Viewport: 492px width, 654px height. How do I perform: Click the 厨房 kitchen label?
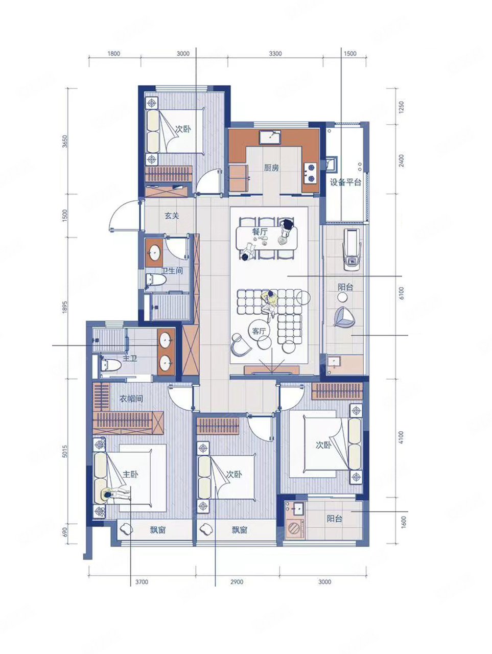(271, 168)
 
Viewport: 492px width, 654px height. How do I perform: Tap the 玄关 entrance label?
(172, 216)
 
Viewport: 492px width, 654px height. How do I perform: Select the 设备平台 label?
(345, 182)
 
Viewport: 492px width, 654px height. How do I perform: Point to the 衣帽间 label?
(131, 399)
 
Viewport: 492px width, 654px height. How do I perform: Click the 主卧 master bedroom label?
(130, 474)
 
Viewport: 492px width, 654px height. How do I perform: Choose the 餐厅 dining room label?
(260, 231)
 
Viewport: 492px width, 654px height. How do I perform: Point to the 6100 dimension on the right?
(402, 293)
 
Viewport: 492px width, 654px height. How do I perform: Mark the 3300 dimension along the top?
(275, 54)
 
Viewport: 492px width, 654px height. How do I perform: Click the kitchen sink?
(270, 137)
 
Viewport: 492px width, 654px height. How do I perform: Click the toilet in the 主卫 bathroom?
(110, 364)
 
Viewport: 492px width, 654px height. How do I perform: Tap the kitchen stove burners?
(310, 173)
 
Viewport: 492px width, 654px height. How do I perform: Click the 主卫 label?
(130, 358)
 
